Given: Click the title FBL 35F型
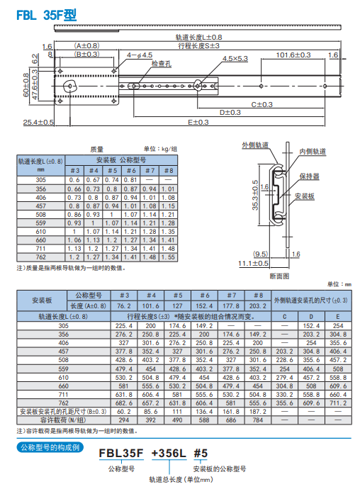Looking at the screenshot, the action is click(x=47, y=15).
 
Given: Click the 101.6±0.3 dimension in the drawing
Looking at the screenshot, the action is click(x=293, y=55).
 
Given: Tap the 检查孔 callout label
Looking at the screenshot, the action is click(x=162, y=64).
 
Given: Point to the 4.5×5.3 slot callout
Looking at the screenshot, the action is click(x=235, y=59).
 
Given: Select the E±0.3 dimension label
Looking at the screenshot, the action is click(x=198, y=122).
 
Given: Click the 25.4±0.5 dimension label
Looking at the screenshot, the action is click(x=38, y=122).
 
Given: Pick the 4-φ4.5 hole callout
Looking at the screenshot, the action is click(x=140, y=55).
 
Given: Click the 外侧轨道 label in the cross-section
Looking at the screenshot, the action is click(x=255, y=145).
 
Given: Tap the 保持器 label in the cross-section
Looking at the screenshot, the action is click(x=310, y=176).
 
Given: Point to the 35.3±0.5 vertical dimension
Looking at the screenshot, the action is click(x=255, y=195).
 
